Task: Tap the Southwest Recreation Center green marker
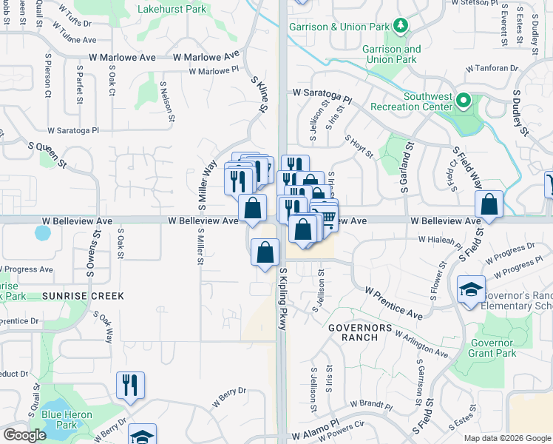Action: click(464, 100)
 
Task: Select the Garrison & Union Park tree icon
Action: click(400, 27)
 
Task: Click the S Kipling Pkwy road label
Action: click(283, 300)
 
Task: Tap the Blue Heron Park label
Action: click(59, 420)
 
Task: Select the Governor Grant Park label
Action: click(490, 348)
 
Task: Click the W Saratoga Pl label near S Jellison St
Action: click(322, 95)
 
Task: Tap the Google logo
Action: click(24, 435)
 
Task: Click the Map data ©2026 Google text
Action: click(506, 438)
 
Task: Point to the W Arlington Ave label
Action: click(421, 345)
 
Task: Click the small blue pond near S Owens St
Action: click(42, 235)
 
